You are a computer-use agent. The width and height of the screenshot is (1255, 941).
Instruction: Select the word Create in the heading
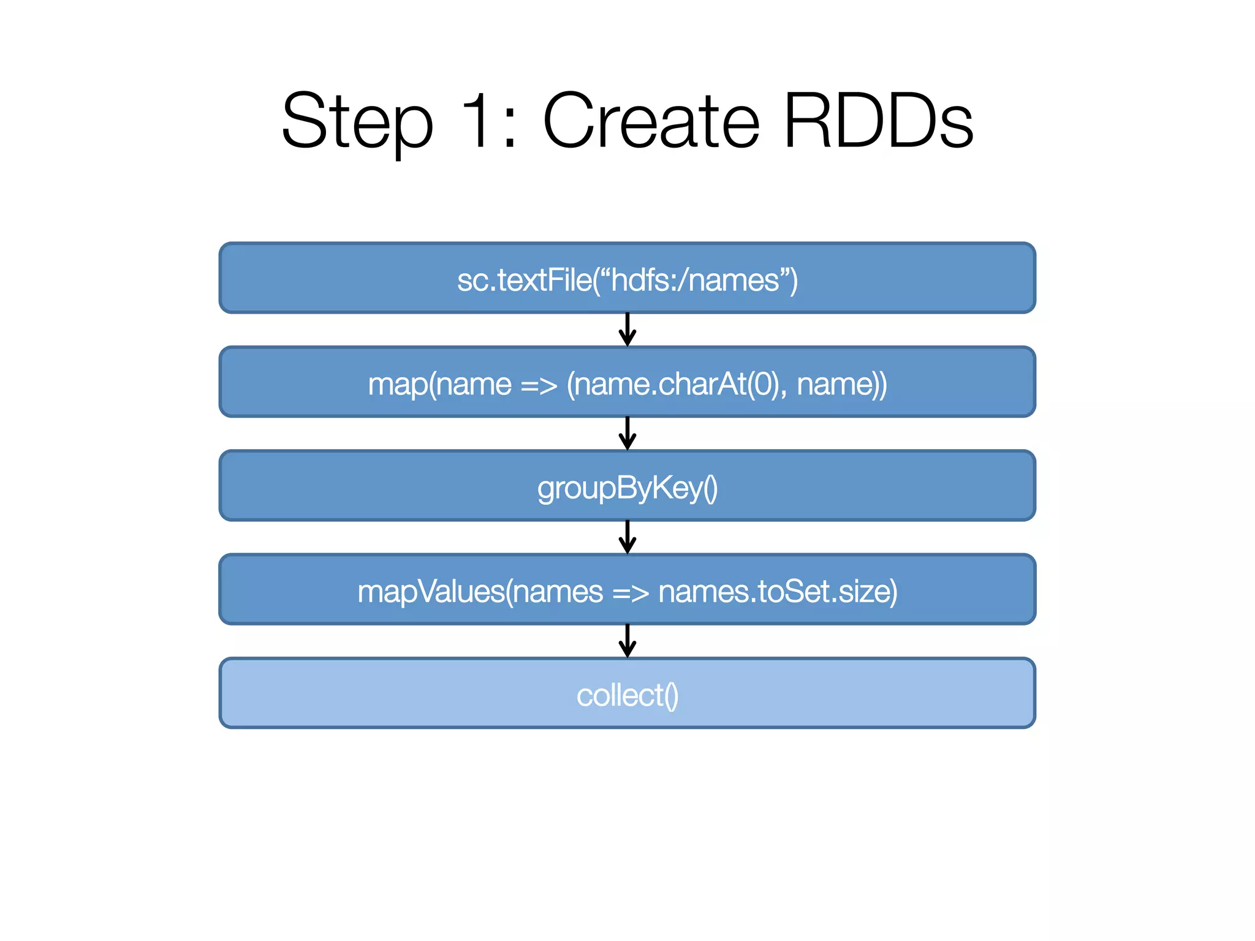(651, 121)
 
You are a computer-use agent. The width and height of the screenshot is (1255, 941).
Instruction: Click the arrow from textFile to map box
(627, 330)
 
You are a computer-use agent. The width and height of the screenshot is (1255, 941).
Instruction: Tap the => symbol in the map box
(539, 385)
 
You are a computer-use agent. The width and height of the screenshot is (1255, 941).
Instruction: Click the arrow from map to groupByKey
(627, 434)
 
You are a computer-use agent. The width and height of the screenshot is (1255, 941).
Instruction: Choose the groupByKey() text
(627, 488)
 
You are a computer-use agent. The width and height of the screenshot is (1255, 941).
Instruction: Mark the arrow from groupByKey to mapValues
(627, 537)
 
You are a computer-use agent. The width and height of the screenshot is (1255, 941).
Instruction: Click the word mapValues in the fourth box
(431, 592)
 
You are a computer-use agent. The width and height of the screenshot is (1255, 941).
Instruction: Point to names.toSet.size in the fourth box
(777, 592)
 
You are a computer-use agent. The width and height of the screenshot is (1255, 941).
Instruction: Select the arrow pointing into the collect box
(627, 641)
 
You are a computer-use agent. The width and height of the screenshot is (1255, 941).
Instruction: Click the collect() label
(627, 695)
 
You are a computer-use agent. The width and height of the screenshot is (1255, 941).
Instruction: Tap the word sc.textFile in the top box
(525, 281)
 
